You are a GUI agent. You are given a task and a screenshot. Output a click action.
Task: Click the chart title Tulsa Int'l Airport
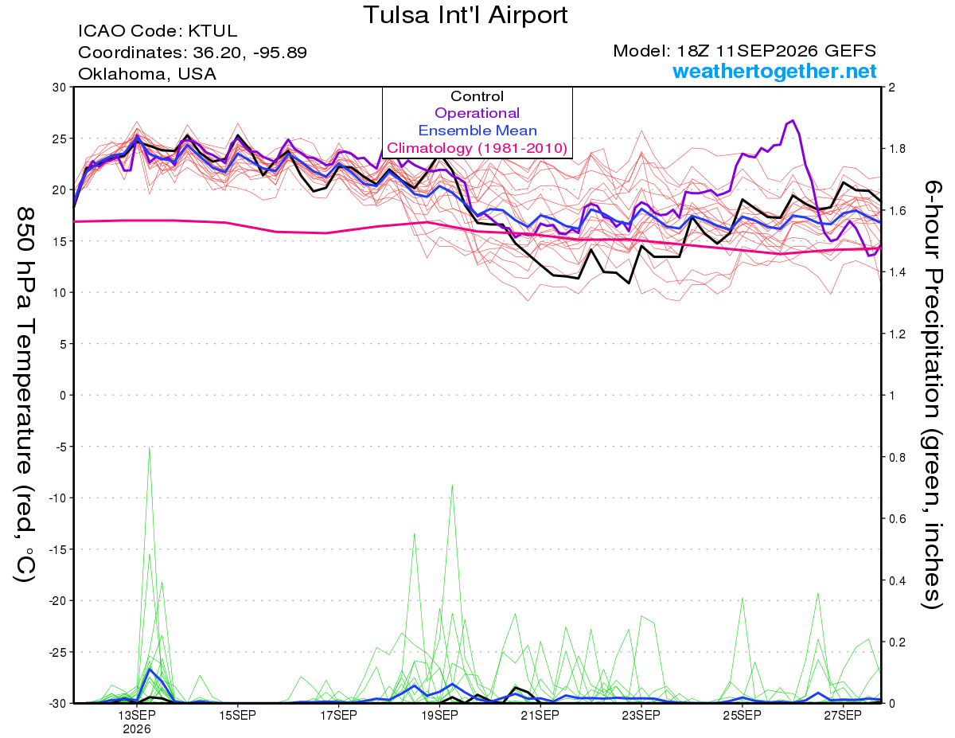point(466,15)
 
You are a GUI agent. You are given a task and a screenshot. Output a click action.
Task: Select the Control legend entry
point(477,96)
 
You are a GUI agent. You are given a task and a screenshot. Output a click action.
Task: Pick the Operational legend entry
point(477,113)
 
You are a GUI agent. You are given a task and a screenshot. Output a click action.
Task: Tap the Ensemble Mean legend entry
point(477,131)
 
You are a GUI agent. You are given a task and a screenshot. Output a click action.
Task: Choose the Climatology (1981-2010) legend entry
point(477,148)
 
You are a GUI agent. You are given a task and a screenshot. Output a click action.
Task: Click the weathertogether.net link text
point(774,71)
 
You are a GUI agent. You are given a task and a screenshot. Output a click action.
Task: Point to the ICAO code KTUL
point(212,31)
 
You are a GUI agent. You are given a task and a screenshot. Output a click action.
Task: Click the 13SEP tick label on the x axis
point(137,715)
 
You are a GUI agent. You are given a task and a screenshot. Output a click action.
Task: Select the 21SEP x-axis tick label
point(540,715)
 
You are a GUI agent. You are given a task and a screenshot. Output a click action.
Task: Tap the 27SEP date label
point(843,715)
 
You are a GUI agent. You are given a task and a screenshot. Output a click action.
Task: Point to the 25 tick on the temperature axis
point(60,139)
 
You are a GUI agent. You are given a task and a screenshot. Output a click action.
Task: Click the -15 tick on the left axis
point(57,549)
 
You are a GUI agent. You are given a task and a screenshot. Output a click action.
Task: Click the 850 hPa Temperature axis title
point(25,395)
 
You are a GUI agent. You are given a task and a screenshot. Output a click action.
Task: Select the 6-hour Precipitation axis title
point(931,395)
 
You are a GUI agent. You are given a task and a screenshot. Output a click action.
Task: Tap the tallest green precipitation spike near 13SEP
point(150,447)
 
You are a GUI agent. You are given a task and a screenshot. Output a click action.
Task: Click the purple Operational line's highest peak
point(793,120)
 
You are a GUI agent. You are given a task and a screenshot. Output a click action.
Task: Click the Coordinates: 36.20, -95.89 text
point(193,53)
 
